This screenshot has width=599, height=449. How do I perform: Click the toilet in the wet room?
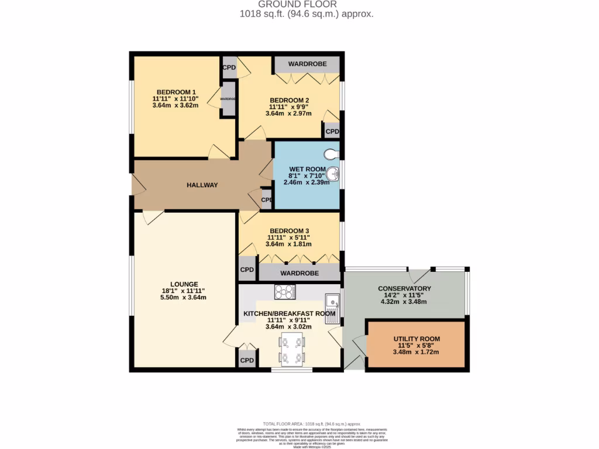332,154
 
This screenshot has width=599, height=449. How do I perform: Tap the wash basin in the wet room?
333,174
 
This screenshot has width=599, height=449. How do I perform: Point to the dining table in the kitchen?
291,350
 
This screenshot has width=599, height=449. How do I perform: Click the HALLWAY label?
202,185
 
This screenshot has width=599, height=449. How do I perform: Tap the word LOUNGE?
184,284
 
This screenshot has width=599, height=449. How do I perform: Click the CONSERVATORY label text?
404,289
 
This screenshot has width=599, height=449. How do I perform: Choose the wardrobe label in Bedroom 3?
299,273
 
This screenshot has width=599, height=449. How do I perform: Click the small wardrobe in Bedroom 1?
228,99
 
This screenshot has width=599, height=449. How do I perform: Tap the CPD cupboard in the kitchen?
247,360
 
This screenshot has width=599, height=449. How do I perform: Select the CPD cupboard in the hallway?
266,199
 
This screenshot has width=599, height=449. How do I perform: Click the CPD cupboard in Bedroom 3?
247,270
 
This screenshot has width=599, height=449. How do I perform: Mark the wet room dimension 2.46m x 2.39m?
307,182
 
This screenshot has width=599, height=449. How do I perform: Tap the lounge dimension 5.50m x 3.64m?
184,298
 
